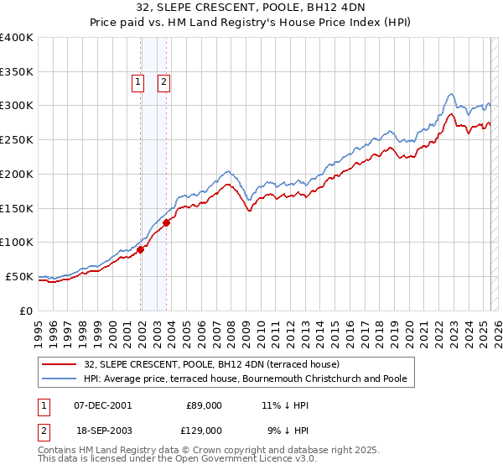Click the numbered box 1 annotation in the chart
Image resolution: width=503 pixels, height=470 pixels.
[137, 82]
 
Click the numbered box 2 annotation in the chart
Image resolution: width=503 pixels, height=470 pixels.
[163, 82]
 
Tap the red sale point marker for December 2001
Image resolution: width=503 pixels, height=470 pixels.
[141, 249]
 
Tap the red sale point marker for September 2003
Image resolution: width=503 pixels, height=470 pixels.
[167, 222]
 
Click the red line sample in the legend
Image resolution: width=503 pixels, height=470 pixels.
[60, 364]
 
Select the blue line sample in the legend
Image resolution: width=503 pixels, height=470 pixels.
[60, 379]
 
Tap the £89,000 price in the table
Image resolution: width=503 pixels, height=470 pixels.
[203, 405]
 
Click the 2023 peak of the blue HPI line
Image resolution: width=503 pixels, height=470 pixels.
[451, 93]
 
